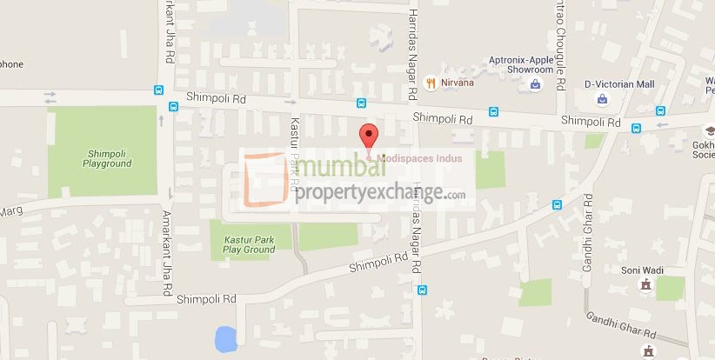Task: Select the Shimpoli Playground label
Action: pyautogui.click(x=108, y=158)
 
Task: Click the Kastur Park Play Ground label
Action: pyautogui.click(x=249, y=243)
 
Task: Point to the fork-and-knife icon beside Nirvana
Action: pyautogui.click(x=430, y=83)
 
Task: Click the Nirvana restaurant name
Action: pyautogui.click(x=457, y=83)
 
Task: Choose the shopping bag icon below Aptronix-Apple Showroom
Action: pyautogui.click(x=536, y=84)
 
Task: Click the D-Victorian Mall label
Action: pyautogui.click(x=618, y=83)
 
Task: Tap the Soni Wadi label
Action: pyautogui.click(x=642, y=270)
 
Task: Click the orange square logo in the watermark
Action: pyautogui.click(x=264, y=179)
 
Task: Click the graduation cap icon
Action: pyautogui.click(x=696, y=127)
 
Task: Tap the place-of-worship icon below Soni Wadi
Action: pyautogui.click(x=645, y=285)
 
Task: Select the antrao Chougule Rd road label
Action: pyautogui.click(x=560, y=43)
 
